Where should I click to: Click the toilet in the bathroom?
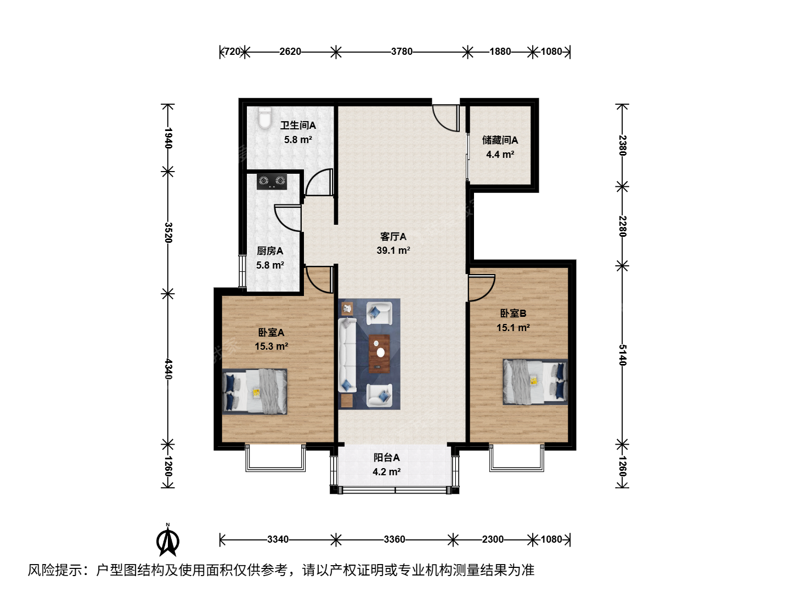coord(264,118)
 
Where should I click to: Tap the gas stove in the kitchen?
coord(272,181)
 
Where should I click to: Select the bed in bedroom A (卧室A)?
coord(255,391)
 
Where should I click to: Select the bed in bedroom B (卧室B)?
coord(535,382)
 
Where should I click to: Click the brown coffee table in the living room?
coord(379,354)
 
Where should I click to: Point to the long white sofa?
coord(347,355)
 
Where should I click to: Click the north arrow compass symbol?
coord(168,540)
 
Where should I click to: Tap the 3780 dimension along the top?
coord(402,52)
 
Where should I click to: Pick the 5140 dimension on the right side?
coord(622,355)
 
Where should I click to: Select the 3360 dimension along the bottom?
coord(394,539)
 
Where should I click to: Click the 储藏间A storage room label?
coord(500,140)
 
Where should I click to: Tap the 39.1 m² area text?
coord(393,251)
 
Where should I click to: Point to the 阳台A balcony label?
coord(387,458)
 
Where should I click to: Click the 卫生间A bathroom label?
coord(298,126)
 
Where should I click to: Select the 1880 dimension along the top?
coord(500,52)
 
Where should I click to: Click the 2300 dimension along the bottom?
coord(493,539)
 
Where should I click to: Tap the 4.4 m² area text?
coord(500,155)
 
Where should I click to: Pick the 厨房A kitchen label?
coord(270,251)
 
